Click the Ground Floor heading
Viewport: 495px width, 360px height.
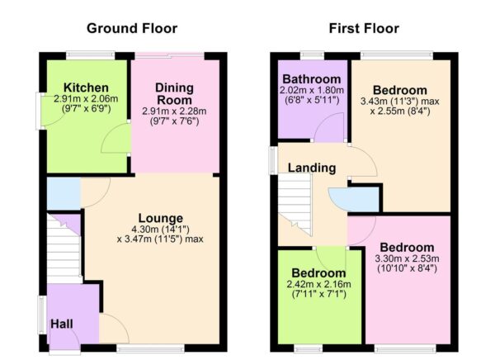click(x=133, y=28)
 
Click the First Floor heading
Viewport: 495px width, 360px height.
click(x=363, y=28)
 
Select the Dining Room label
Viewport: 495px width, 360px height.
click(x=175, y=93)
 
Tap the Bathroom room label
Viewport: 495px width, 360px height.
click(x=312, y=79)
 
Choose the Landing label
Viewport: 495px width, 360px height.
click(x=311, y=168)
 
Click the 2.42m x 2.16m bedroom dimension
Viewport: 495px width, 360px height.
click(x=318, y=285)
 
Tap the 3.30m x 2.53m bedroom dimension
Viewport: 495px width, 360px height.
click(x=408, y=259)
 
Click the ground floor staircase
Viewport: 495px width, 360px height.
click(x=64, y=248)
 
